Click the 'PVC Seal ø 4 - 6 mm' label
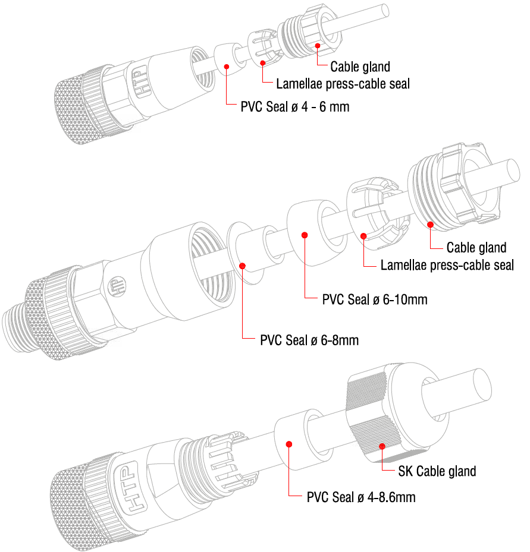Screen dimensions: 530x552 click(x=295, y=107)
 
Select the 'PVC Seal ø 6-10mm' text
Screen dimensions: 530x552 click(x=375, y=299)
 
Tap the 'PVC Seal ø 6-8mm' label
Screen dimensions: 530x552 click(x=309, y=340)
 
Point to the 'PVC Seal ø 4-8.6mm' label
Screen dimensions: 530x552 click(x=361, y=497)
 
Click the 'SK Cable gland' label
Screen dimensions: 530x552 click(x=437, y=471)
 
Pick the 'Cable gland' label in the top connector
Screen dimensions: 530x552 click(x=360, y=67)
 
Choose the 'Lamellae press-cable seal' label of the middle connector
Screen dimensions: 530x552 click(x=447, y=265)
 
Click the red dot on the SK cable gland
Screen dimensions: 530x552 click(x=382, y=446)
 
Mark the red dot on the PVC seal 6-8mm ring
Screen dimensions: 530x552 click(x=243, y=266)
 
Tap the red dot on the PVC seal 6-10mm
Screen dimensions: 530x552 click(x=305, y=235)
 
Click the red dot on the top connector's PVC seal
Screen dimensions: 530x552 click(x=227, y=67)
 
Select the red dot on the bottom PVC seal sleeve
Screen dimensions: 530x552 click(x=289, y=444)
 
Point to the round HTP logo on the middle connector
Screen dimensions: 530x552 click(x=117, y=286)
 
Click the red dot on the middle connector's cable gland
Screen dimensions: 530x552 click(x=430, y=225)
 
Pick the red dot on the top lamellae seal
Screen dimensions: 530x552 click(x=262, y=63)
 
